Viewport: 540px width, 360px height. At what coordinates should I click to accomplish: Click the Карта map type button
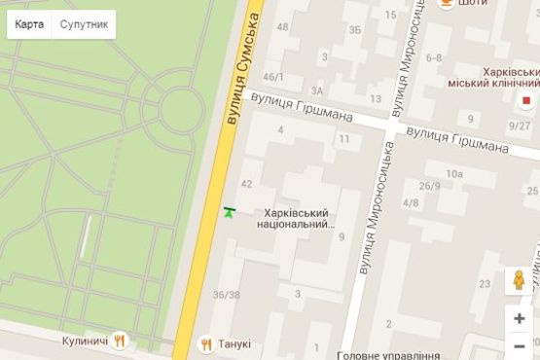pos(29,24)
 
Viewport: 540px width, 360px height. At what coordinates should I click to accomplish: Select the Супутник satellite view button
pos(84,24)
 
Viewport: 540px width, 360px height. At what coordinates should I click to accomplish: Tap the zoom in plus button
pos(520,318)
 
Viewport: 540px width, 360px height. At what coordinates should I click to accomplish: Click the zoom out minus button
pos(520,346)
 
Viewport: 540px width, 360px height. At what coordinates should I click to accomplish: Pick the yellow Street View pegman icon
pos(520,281)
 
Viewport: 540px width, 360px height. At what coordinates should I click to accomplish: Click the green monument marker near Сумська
pos(230,211)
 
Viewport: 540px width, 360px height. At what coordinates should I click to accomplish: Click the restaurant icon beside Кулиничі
pos(121,342)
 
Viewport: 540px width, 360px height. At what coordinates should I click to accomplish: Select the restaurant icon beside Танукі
pos(206,343)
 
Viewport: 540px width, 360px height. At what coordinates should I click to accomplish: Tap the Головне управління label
pos(389,355)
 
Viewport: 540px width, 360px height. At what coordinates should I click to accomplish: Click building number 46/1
pos(274,77)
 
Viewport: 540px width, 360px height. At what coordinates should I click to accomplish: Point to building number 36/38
pos(226,295)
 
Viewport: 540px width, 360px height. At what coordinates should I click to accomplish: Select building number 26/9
pos(429,186)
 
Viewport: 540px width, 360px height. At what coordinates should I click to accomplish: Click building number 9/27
pos(520,125)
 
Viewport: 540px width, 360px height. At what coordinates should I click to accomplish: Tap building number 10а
pos(453,173)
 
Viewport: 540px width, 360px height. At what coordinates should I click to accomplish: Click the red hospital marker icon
pos(527,99)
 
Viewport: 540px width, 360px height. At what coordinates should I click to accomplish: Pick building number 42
pos(246,184)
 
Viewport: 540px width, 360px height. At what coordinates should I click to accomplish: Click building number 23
pos(485,284)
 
